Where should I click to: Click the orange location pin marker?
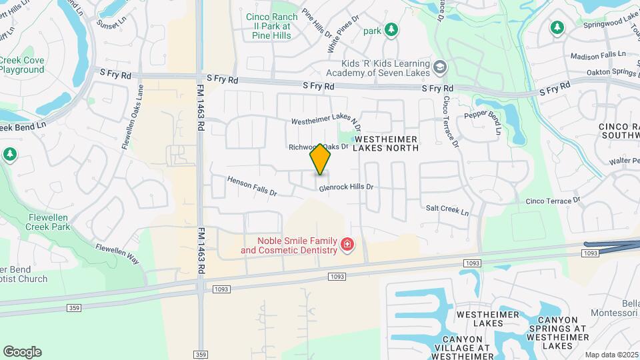(x=321, y=159)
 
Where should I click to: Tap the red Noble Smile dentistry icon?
(x=347, y=245)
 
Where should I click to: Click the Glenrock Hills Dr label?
(x=345, y=188)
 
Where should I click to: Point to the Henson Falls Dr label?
(x=251, y=186)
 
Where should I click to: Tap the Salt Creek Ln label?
(x=447, y=209)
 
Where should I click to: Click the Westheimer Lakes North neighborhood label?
(x=386, y=143)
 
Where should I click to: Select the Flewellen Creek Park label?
(x=49, y=223)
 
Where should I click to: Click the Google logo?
(x=22, y=352)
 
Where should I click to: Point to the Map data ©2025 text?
(x=611, y=355)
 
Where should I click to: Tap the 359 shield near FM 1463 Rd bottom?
(x=199, y=354)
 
